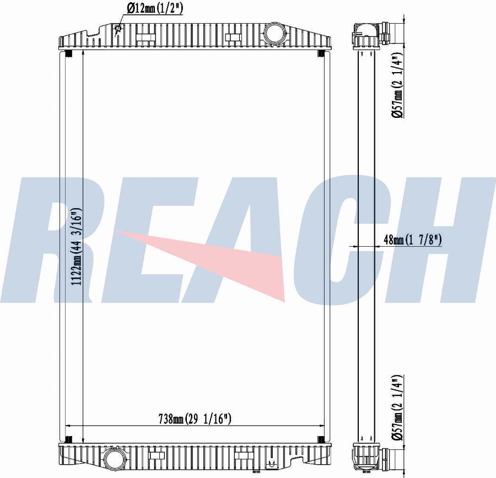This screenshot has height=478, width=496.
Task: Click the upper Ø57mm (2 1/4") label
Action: click(398, 85)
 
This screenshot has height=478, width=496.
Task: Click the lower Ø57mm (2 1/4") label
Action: click(398, 407)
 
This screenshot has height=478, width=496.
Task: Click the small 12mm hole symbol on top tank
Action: click(118, 28)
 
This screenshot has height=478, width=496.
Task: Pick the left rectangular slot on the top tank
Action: click(145, 37)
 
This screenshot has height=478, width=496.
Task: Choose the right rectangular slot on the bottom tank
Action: click(242, 456)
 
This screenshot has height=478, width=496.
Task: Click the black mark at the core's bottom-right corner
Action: click(320, 439)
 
